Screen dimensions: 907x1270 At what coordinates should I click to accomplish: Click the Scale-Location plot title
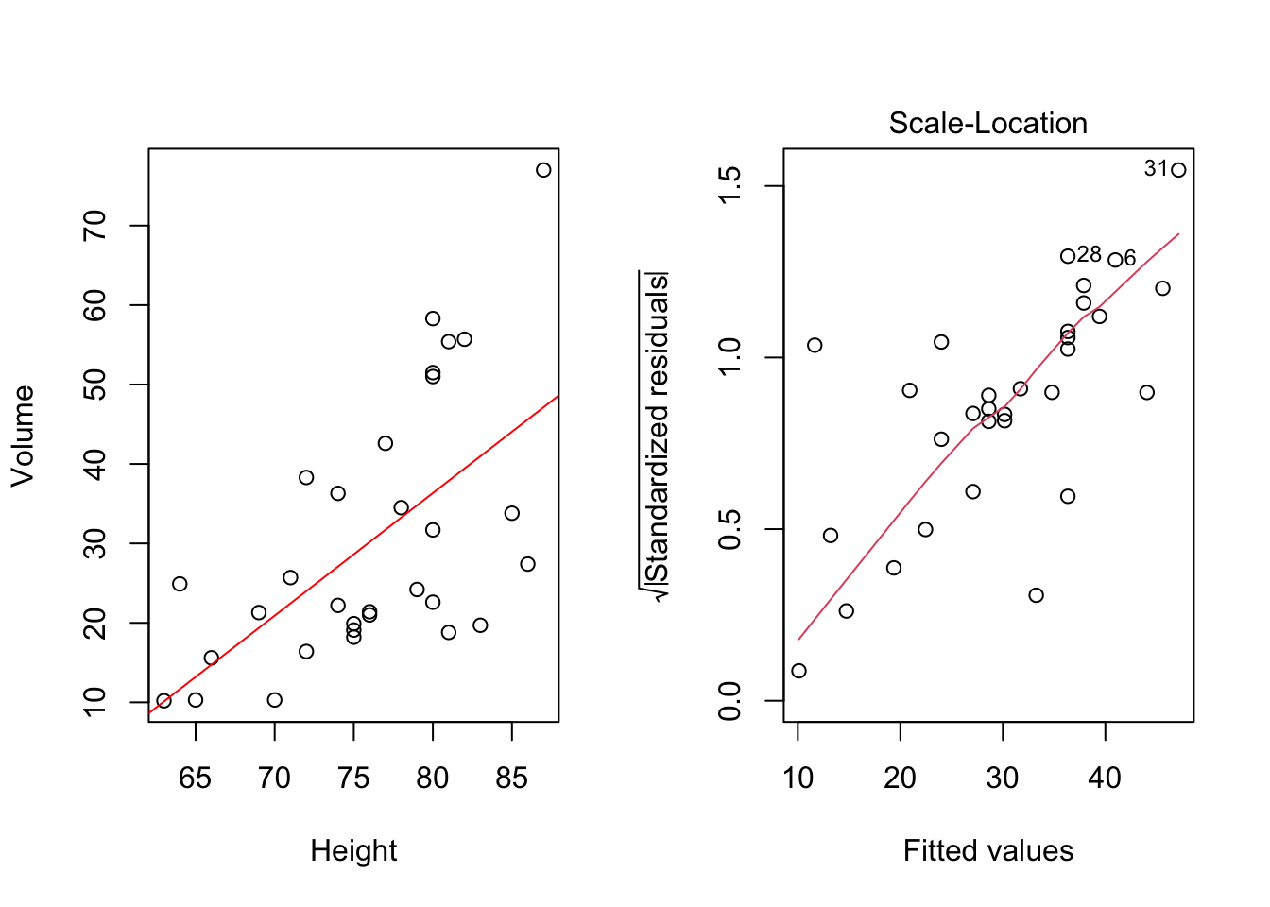[987, 124]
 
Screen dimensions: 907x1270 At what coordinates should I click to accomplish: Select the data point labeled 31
[1178, 170]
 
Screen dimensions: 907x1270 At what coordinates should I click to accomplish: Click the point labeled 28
[1068, 256]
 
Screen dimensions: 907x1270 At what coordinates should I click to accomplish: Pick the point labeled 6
[1115, 260]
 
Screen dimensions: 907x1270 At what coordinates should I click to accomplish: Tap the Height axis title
[353, 851]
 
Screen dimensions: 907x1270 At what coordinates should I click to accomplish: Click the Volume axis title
[23, 436]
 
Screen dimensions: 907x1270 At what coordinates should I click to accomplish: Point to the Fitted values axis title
[987, 851]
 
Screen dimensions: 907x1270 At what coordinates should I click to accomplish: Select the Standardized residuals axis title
[656, 436]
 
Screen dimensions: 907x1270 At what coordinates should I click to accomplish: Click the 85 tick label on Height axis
[511, 779]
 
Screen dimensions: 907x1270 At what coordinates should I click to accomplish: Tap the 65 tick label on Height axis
[196, 779]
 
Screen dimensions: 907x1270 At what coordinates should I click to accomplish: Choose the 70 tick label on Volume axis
[95, 226]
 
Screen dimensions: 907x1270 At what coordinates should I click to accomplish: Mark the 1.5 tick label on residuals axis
[729, 186]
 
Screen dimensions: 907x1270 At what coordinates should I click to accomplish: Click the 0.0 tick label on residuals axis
[729, 701]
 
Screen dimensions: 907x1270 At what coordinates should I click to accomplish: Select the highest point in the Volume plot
[543, 170]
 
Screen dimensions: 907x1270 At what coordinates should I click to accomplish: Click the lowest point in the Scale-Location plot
[798, 671]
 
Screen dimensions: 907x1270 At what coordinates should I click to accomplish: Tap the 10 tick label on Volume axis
[95, 702]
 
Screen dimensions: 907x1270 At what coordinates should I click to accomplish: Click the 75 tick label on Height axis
[353, 779]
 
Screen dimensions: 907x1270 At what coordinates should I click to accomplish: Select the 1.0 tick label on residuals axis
[729, 358]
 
